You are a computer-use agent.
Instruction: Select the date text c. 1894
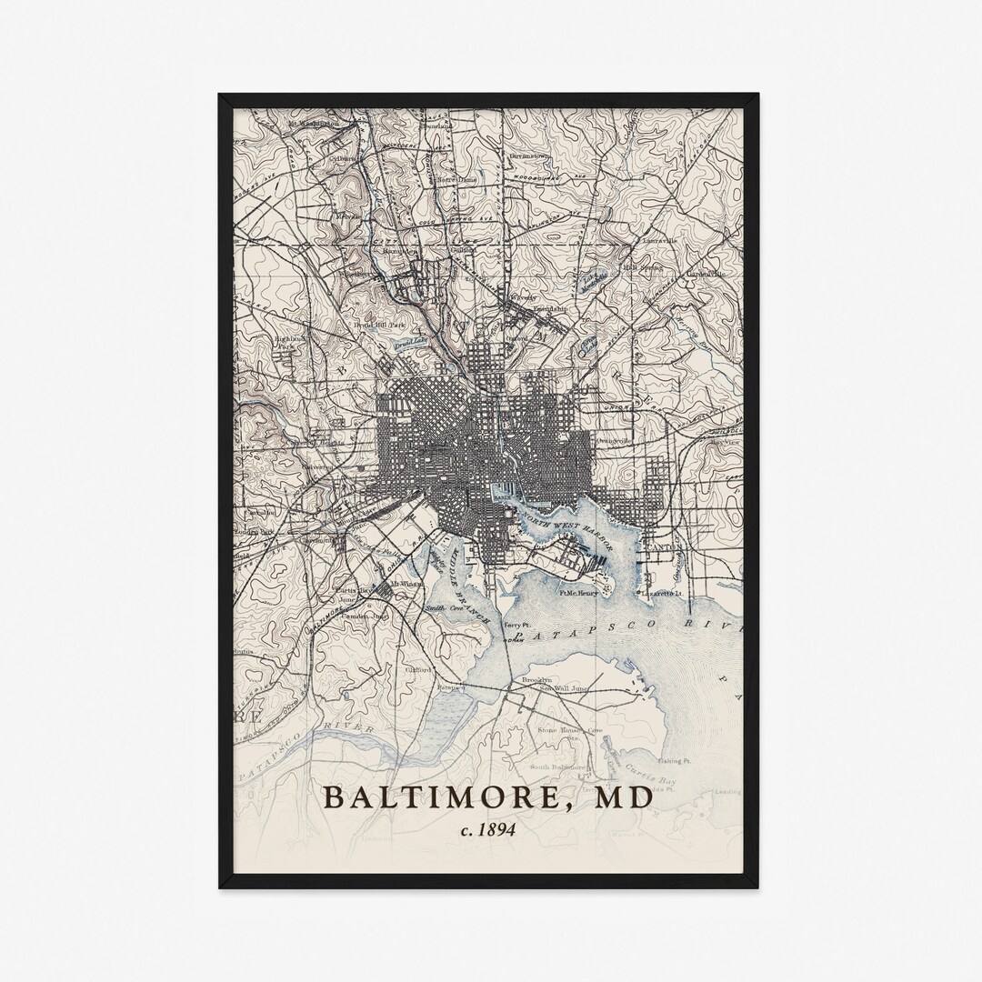[x=488, y=828]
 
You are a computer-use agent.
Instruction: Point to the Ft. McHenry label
[x=578, y=593]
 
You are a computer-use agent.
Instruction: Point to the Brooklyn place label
[x=536, y=679]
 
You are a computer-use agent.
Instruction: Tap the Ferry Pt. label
[x=516, y=626]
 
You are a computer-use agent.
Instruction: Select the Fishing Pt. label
[x=676, y=759]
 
